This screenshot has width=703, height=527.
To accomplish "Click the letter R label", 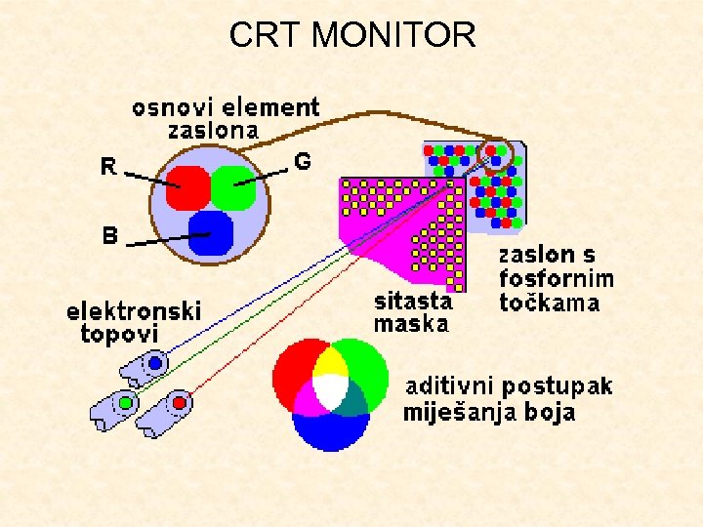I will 110,168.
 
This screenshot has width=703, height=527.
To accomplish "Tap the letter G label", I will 303,162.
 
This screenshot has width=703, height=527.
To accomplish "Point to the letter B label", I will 110,235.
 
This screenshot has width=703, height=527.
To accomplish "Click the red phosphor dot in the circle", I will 187,187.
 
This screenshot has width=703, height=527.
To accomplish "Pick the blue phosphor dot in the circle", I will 212,232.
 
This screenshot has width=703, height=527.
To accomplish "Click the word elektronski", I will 134,312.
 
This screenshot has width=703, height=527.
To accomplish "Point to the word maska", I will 411,324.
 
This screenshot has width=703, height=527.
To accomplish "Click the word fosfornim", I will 557,279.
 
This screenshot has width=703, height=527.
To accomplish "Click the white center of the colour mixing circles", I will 330,392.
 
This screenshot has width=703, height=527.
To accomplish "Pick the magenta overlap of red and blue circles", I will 310,399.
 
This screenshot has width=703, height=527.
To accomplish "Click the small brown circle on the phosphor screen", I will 498,153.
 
